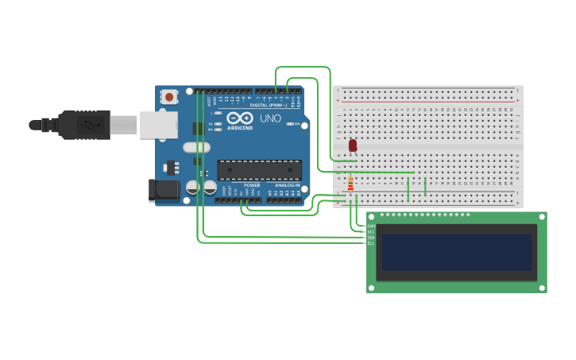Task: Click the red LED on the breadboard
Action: [353, 145]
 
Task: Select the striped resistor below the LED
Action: [350, 184]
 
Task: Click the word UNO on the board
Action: [270, 118]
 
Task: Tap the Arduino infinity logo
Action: [240, 118]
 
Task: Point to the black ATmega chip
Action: [260, 170]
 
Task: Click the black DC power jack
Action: [164, 189]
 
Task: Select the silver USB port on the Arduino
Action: [158, 125]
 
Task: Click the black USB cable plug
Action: [83, 125]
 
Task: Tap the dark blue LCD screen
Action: [456, 252]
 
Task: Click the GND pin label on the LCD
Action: [370, 226]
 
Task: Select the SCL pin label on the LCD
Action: [370, 242]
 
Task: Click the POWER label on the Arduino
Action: [252, 185]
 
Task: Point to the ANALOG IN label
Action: [287, 185]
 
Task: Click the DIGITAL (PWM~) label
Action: [269, 105]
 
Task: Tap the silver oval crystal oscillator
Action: [196, 147]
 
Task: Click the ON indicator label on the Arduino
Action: [298, 124]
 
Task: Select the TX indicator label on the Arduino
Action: [210, 124]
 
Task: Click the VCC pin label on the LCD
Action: [370, 231]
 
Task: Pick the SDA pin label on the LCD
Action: [370, 237]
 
